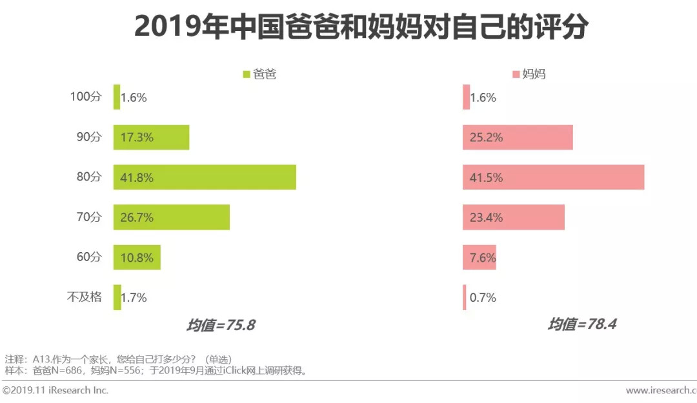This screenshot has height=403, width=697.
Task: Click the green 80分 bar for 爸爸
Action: click(x=205, y=177)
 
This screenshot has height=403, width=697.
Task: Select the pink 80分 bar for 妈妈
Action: click(x=553, y=177)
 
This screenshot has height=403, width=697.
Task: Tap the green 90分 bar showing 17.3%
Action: click(x=151, y=137)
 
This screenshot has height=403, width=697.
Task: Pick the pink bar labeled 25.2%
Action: click(x=518, y=137)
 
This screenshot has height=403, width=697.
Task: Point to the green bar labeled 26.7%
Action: click(x=172, y=217)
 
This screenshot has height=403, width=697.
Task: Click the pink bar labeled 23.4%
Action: click(x=514, y=217)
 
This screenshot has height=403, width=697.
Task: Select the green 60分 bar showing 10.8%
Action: click(x=137, y=257)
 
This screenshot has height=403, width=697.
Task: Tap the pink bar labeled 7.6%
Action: click(x=480, y=257)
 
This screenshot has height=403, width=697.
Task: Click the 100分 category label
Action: click(x=86, y=97)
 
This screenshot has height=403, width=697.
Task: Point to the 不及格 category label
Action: click(x=85, y=297)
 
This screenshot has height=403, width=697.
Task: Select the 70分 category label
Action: click(x=88, y=217)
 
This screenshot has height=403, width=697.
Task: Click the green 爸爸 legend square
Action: click(x=246, y=74)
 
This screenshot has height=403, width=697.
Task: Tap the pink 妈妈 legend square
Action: click(x=515, y=74)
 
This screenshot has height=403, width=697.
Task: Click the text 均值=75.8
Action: click(x=221, y=325)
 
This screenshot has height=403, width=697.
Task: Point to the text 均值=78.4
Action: click(x=582, y=324)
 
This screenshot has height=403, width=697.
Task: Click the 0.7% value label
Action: click(x=483, y=297)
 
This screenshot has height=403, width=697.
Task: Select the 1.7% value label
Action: click(x=134, y=297)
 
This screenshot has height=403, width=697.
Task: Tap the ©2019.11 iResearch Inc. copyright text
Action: click(x=56, y=390)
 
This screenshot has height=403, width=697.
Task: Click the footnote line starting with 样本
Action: click(x=155, y=370)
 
